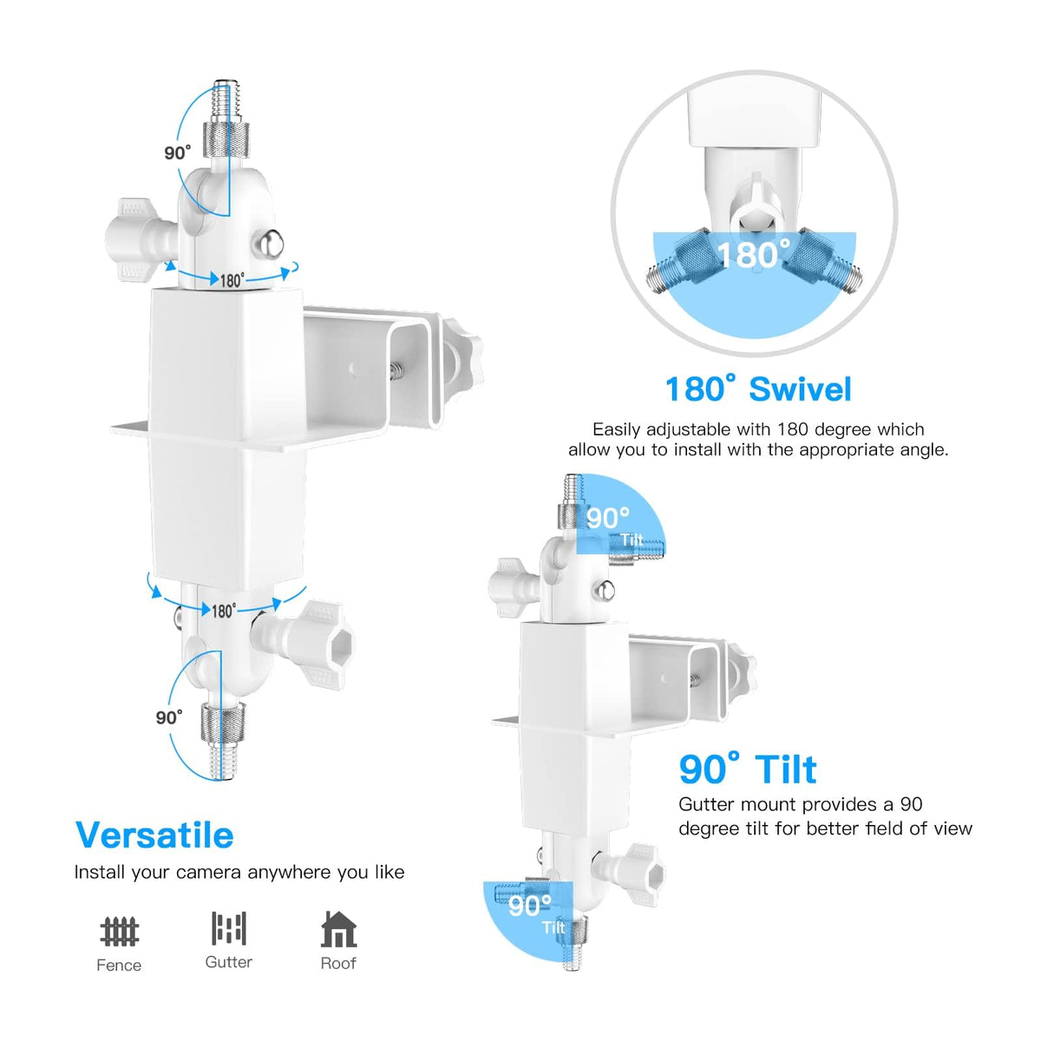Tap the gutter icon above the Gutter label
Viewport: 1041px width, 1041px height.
click(228, 928)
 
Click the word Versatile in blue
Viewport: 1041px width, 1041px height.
click(154, 835)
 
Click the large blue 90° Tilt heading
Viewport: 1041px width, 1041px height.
click(748, 769)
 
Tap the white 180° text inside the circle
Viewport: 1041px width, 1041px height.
click(754, 254)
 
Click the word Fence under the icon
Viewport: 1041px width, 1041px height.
click(119, 966)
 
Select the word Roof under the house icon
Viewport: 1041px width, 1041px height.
click(338, 963)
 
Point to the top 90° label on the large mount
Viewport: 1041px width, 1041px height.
click(177, 153)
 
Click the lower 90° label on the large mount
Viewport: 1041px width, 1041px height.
click(168, 717)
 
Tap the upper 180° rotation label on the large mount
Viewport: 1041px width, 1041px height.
click(232, 280)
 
